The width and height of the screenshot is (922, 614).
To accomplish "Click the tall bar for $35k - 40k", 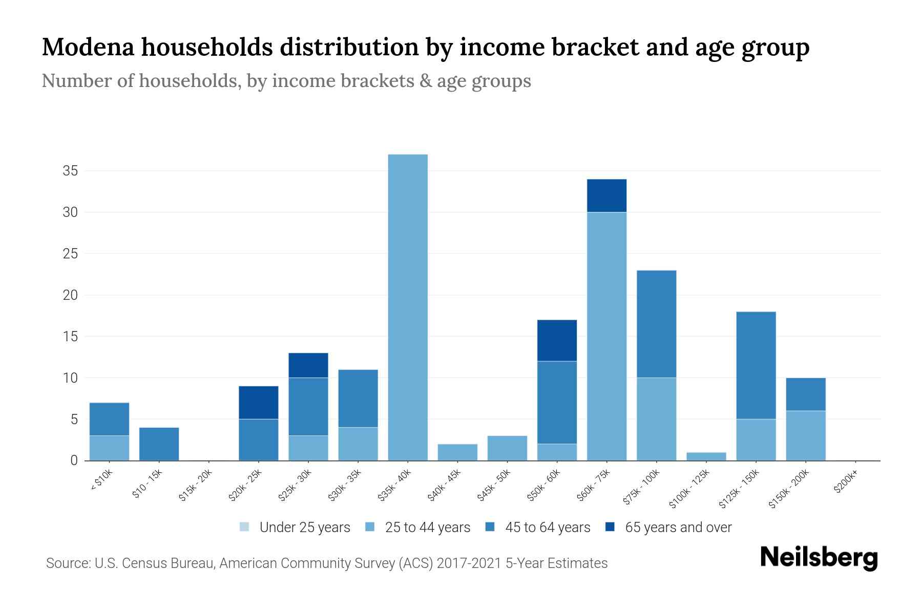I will click(408, 307).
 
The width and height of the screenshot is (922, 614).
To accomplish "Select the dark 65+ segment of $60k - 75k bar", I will click(606, 195).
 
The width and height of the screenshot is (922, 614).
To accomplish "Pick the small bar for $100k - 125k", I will click(706, 456).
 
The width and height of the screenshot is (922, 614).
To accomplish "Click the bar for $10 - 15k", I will click(159, 444).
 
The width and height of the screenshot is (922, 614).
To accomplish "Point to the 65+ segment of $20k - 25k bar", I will click(258, 403).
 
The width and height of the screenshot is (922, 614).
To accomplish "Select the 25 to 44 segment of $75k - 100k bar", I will click(656, 419).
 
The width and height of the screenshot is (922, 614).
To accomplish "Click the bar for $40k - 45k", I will click(457, 452).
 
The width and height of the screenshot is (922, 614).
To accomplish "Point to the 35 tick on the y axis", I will click(70, 171).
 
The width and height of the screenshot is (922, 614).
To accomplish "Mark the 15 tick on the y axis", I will click(70, 337).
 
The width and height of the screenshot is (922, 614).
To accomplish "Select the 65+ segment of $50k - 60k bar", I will click(557, 341).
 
